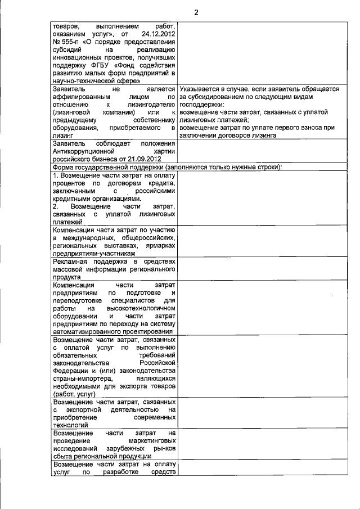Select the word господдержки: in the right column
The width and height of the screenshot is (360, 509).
[x=201, y=105]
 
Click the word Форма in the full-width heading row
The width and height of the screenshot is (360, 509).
[x=62, y=167]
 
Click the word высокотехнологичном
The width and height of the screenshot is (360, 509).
[x=141, y=308]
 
